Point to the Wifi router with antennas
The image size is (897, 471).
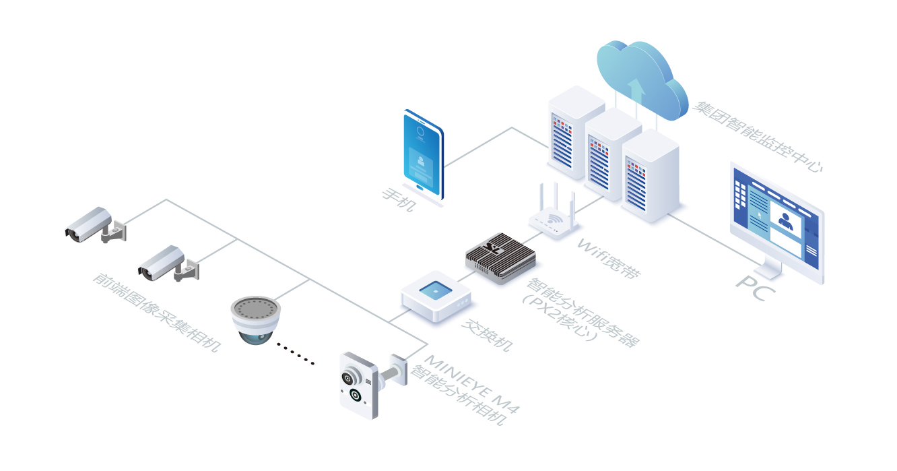[x=554, y=216]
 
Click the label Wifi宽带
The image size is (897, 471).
[x=609, y=259]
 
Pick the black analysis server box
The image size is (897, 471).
[x=500, y=257]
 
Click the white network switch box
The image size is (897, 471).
[x=436, y=296]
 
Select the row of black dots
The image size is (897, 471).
[x=296, y=354]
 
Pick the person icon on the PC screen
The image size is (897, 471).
[x=785, y=220]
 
